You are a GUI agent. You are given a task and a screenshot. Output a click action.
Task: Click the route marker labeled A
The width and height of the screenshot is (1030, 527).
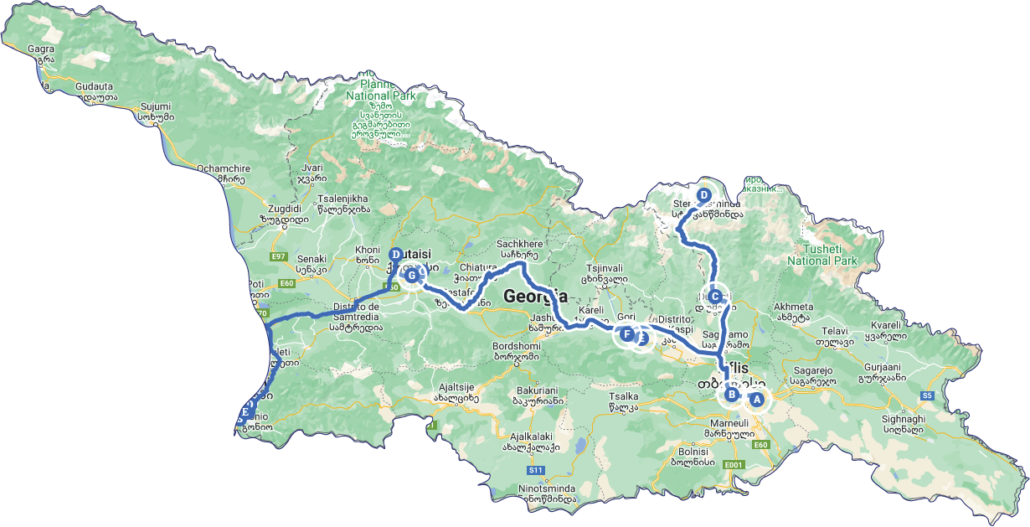tap(756, 400)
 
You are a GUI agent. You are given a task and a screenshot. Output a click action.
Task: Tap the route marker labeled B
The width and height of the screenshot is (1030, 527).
tap(731, 395)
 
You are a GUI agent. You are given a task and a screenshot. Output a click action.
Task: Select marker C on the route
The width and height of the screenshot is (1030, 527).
tap(714, 296)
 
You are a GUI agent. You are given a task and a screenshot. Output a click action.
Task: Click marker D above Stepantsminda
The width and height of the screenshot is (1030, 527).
tap(703, 195)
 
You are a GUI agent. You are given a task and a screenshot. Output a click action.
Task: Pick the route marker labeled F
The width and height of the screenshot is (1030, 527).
tap(626, 334)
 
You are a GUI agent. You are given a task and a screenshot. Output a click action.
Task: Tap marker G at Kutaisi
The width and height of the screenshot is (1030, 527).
tap(410, 274)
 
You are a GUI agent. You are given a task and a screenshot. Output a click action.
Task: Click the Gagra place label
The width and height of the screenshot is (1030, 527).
tap(41, 49)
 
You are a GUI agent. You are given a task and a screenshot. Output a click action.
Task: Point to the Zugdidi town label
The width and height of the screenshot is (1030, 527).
tap(281, 208)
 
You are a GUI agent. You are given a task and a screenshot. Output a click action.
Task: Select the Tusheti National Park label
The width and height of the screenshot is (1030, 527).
tap(821, 255)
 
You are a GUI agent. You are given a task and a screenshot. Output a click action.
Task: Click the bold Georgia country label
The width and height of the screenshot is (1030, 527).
tap(535, 296)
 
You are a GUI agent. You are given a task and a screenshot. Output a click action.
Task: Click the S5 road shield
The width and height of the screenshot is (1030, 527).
tap(926, 395)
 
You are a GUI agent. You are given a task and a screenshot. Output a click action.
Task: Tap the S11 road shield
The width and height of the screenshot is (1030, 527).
tap(537, 471)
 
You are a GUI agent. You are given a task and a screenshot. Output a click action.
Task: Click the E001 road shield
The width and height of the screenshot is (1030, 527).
tap(734, 464)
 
